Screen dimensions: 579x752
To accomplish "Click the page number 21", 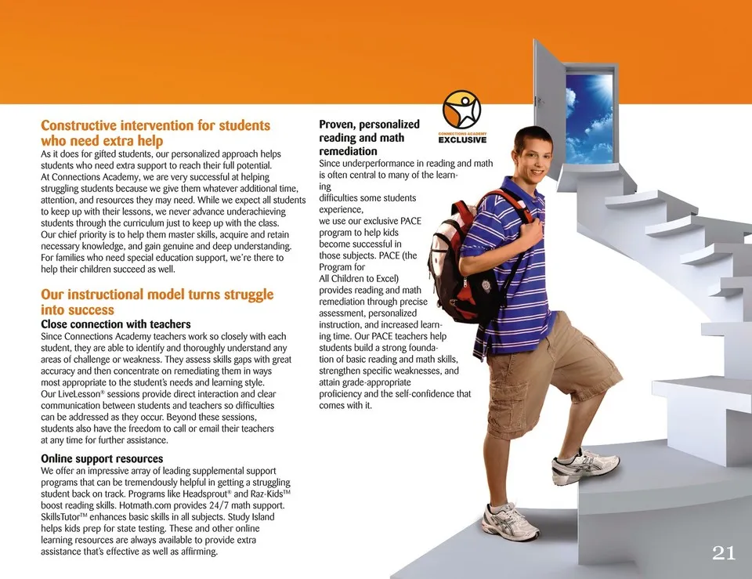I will (724, 553).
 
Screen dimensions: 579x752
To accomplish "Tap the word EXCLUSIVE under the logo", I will (462, 140).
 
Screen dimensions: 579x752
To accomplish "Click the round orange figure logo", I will (462, 110).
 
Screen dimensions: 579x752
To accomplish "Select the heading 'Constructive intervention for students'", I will (155, 125).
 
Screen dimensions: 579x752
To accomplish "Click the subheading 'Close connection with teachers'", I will (115, 324).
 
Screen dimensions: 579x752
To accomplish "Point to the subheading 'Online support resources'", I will (102, 458).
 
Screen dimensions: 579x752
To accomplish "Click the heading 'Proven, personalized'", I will (369, 125).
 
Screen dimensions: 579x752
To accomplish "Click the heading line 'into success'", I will (77, 310).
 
